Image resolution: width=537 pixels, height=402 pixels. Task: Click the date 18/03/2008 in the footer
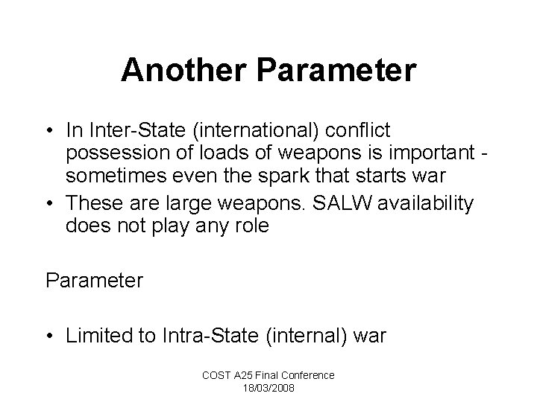[x=268, y=387]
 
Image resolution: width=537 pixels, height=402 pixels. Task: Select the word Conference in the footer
[x=309, y=375]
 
